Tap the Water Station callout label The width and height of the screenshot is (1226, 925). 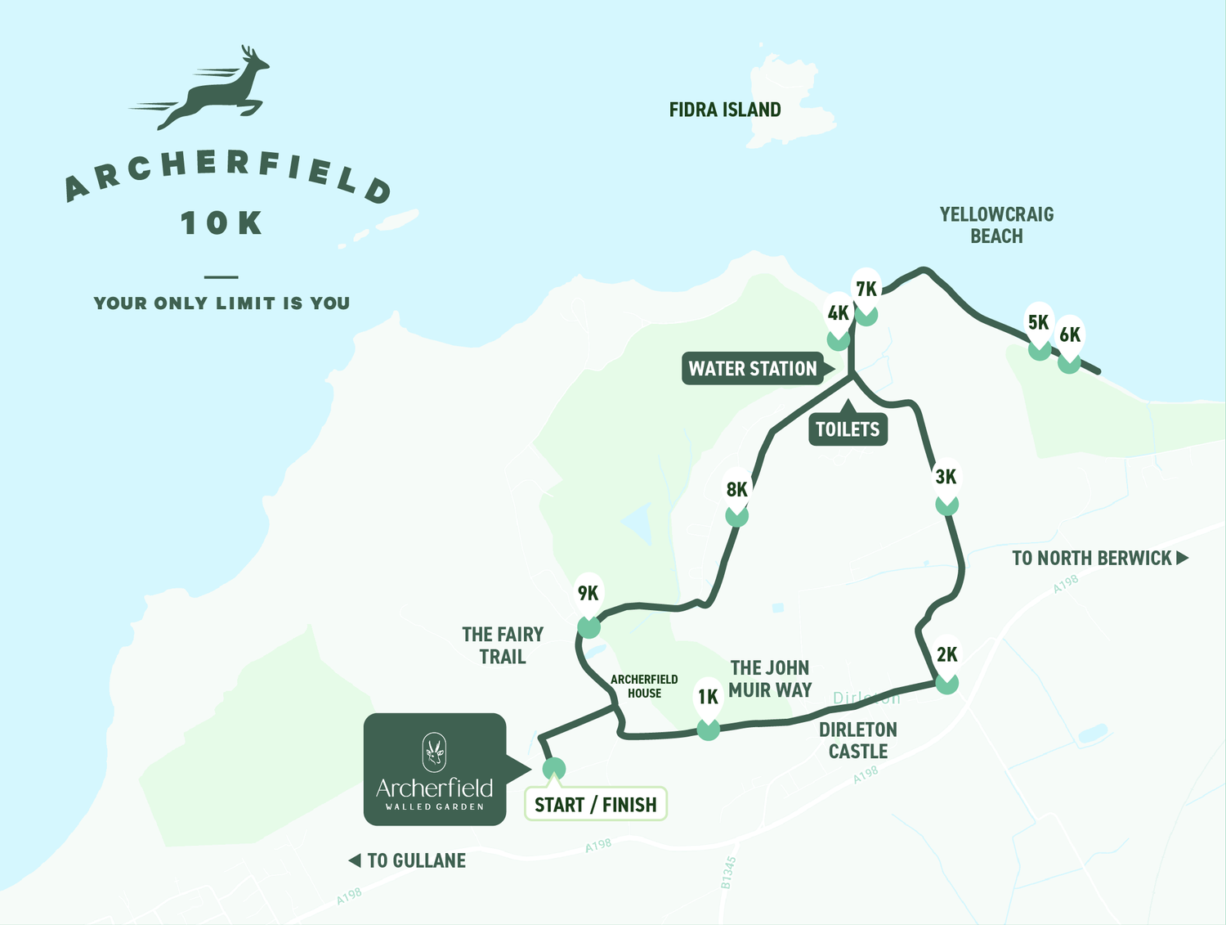point(753,369)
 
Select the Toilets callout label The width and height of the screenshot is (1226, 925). point(848,429)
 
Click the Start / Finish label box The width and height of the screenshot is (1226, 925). point(595,805)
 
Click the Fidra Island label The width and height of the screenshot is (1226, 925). point(725,110)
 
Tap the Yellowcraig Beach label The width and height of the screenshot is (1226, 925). point(996,225)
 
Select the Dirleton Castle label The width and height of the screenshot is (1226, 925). point(858,740)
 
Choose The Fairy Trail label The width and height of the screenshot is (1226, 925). point(502,645)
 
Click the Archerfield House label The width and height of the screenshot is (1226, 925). point(644,686)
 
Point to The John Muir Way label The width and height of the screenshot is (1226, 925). point(770,679)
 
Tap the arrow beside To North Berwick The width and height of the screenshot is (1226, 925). point(1182,558)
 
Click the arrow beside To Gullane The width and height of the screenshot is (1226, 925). point(355,860)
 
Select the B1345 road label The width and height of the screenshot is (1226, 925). point(727,873)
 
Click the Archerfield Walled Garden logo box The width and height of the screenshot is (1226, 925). point(435,769)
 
